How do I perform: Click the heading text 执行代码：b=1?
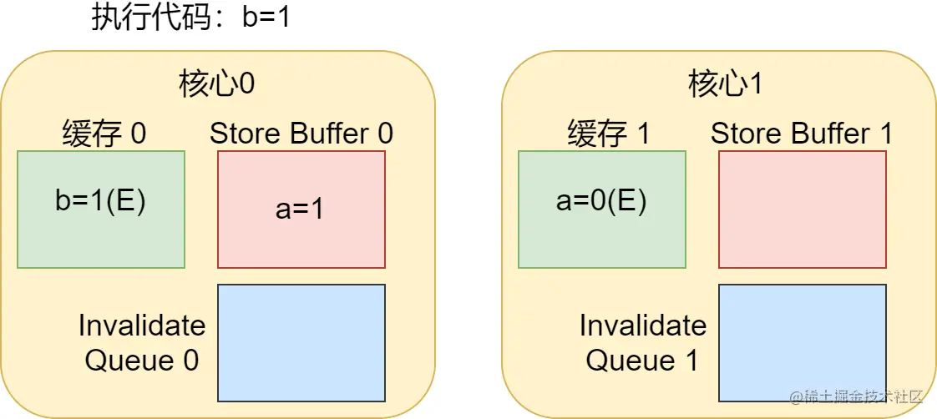pos(190,18)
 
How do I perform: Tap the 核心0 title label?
pos(217,84)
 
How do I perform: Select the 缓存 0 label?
pos(104,134)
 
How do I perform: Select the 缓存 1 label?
pos(608,134)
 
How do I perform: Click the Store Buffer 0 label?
pos(301,134)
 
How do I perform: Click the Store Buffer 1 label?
pos(802,134)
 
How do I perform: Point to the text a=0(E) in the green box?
pos(601,201)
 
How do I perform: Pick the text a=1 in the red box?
pos(300,209)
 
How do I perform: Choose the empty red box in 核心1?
pos(802,209)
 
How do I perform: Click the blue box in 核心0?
pos(301,342)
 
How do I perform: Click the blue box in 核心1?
pos(802,342)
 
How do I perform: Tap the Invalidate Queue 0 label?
pos(142,342)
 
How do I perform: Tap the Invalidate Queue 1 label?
pos(642,342)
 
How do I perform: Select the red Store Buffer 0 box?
pos(301,242)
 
